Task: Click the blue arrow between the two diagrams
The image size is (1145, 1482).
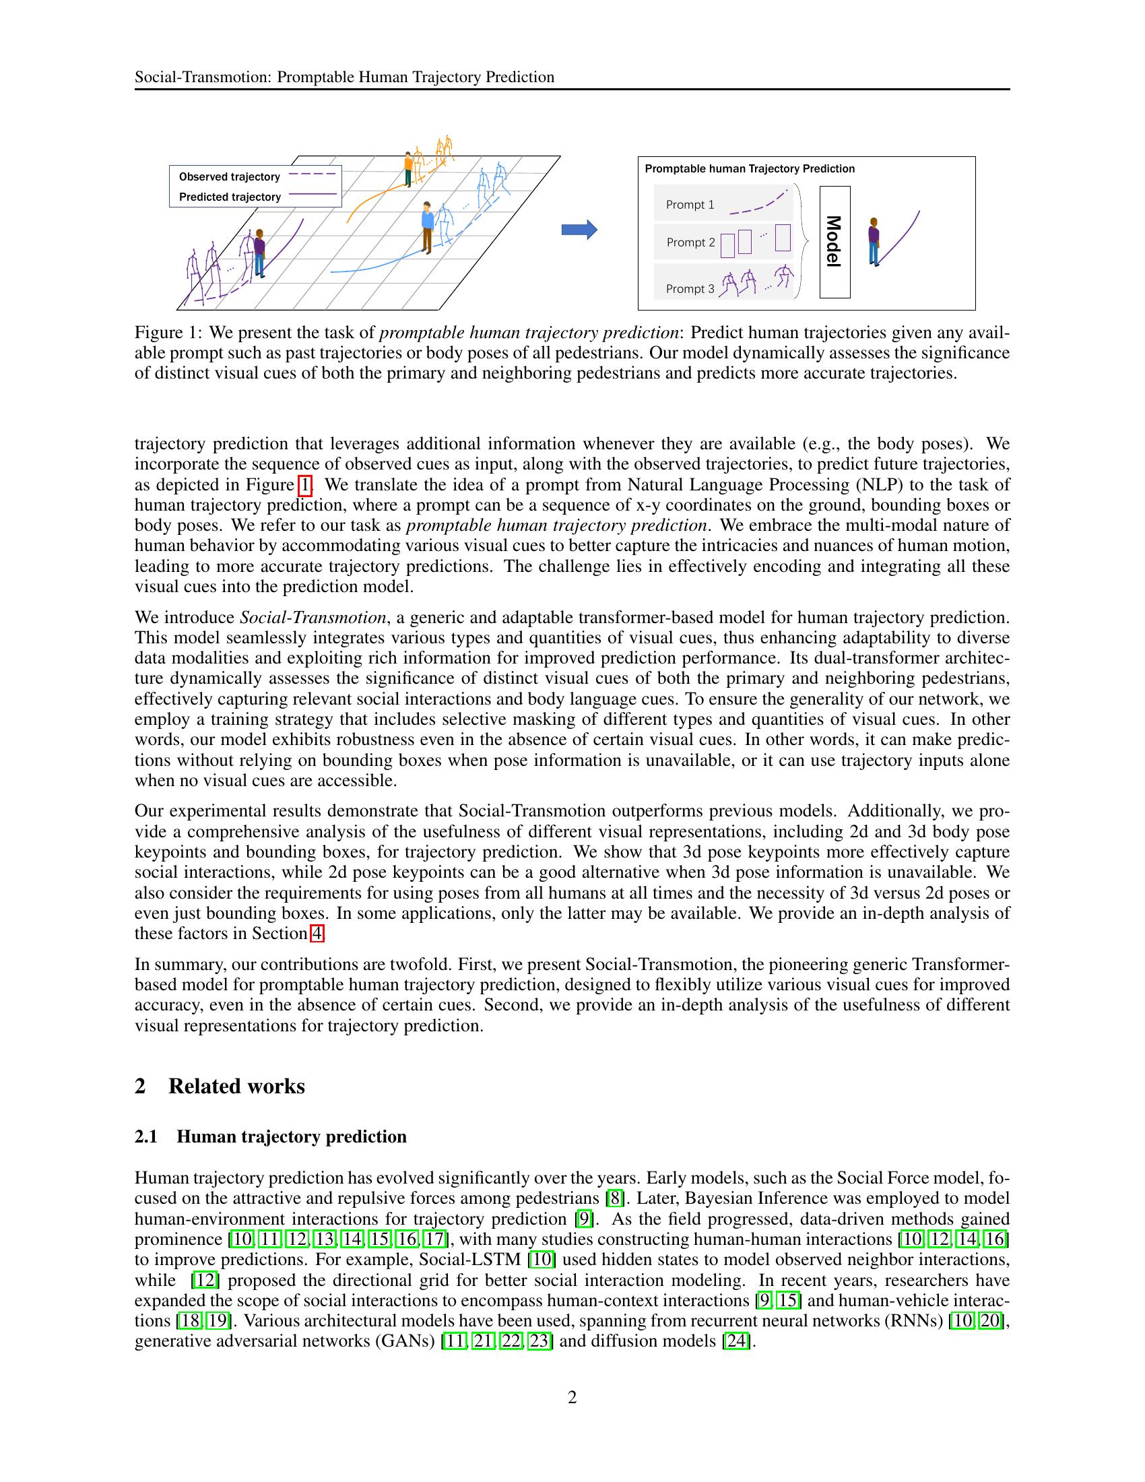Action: coord(579,230)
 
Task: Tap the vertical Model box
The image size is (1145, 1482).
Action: coord(835,243)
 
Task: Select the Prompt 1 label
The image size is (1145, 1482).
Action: coord(690,205)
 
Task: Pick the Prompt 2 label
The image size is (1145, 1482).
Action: coord(690,243)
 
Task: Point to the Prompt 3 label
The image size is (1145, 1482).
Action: coord(690,288)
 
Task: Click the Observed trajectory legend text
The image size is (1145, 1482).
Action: coord(229,177)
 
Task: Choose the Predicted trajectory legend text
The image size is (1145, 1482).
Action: coord(230,197)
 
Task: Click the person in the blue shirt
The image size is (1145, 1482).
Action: coord(426,226)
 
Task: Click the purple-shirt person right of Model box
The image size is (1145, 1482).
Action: coord(874,241)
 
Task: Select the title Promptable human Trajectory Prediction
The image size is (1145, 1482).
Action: coord(749,169)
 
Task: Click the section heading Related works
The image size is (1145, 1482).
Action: coord(236,1086)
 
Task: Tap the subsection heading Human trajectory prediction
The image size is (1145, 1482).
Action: coord(291,1136)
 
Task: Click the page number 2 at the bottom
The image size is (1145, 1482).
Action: coord(572,1397)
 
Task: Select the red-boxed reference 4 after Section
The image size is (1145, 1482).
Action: coord(316,934)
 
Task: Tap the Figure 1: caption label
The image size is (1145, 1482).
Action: coord(168,333)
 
